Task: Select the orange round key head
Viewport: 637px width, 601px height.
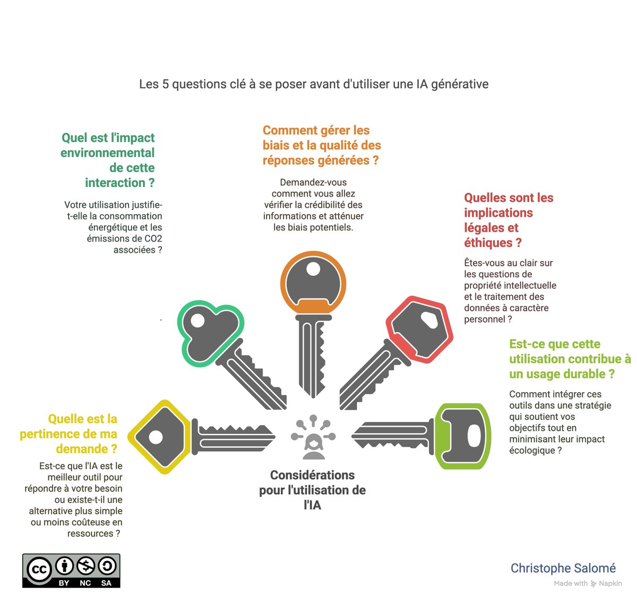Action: pyautogui.click(x=313, y=282)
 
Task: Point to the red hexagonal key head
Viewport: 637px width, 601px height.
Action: pyautogui.click(x=419, y=329)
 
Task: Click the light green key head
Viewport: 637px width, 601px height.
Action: pyautogui.click(x=462, y=436)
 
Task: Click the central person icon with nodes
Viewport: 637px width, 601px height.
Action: pyautogui.click(x=313, y=438)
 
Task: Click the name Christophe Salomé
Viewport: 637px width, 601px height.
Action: pyautogui.click(x=563, y=568)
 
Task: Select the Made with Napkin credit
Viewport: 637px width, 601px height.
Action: pyautogui.click(x=588, y=583)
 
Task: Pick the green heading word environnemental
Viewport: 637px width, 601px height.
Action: pyautogui.click(x=107, y=153)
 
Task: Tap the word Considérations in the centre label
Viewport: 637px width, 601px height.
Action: pyautogui.click(x=312, y=475)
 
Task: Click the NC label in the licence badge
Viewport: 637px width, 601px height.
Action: pyautogui.click(x=85, y=583)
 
